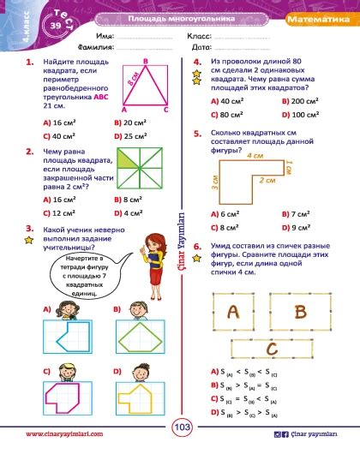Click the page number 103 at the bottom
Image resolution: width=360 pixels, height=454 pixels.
(x=182, y=427)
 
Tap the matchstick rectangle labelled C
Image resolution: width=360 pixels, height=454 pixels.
(x=271, y=349)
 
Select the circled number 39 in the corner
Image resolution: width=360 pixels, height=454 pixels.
(x=31, y=27)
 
